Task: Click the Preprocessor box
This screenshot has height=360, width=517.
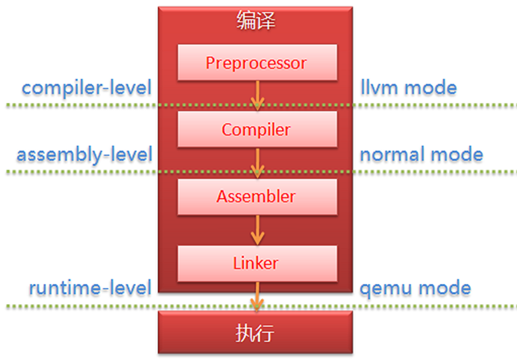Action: pos(256,63)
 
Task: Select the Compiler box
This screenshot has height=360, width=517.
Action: pos(256,129)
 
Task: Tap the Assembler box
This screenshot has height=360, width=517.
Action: pos(256,196)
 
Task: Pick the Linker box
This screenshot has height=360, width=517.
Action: pos(256,263)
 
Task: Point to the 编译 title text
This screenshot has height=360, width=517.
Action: pos(256,21)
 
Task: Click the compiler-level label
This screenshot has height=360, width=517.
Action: pos(87,87)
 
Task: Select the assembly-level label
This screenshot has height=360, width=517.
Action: pos(85,155)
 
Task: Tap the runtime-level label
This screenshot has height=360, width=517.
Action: pos(90,289)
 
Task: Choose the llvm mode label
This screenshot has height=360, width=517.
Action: pos(408,87)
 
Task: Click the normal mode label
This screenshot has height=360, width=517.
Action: pos(421,155)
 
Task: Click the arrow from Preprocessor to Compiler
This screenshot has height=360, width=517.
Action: pos(256,96)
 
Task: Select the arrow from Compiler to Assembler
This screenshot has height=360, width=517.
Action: pos(256,162)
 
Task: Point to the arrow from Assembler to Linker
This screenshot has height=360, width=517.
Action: pos(256,229)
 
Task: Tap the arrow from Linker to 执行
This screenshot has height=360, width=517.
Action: pos(256,296)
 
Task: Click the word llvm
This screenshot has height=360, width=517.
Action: pos(380,87)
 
